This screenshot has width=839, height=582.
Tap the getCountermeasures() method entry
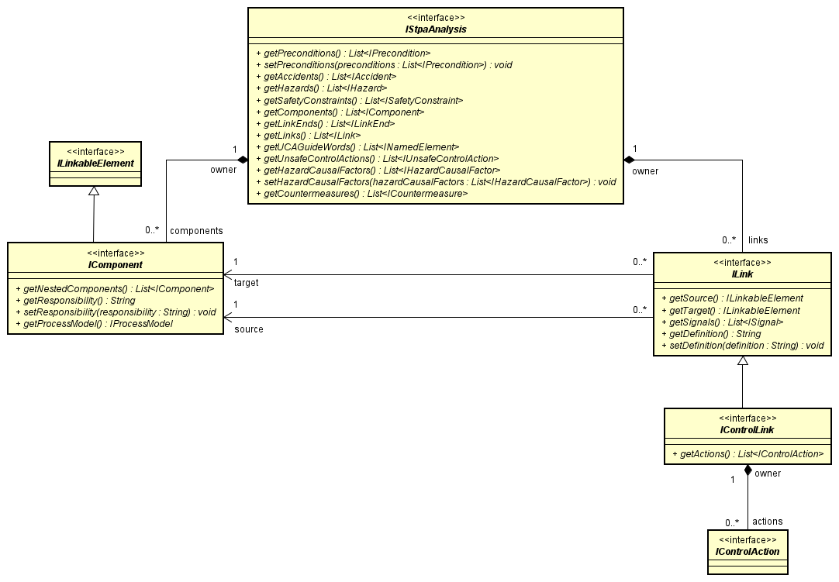(361, 193)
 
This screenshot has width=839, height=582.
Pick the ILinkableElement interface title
(95, 164)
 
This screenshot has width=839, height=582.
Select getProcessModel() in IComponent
(94, 323)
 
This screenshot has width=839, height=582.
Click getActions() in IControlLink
(747, 453)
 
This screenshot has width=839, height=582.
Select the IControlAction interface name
(747, 551)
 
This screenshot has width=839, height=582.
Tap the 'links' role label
(758, 240)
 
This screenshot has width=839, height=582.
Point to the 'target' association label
(246, 284)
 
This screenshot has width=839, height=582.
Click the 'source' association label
(248, 329)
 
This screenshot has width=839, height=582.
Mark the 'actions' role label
(768, 522)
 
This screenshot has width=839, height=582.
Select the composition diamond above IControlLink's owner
(747, 470)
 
